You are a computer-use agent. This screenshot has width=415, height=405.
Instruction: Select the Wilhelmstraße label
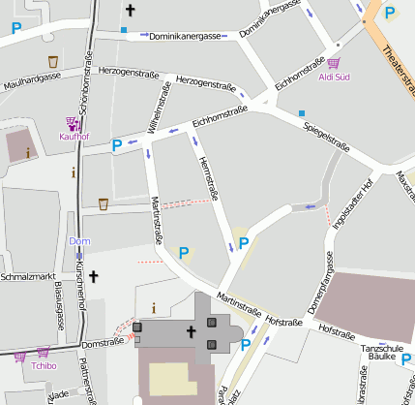pyautogui.click(x=156, y=107)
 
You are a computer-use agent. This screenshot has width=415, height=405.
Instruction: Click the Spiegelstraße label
pyautogui.click(x=323, y=131)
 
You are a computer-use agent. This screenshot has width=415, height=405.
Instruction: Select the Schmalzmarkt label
pyautogui.click(x=26, y=276)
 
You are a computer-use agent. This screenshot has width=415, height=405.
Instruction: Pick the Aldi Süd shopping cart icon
pyautogui.click(x=346, y=63)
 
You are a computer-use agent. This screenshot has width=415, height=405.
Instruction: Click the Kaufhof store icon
pyautogui.click(x=73, y=123)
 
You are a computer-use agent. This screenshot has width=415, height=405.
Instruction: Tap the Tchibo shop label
pyautogui.click(x=44, y=366)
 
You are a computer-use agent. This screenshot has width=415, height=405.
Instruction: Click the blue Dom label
pyautogui.click(x=79, y=240)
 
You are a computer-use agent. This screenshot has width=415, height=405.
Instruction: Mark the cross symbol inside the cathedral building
pyautogui.click(x=191, y=332)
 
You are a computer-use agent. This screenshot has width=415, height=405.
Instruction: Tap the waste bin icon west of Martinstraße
pyautogui.click(x=104, y=203)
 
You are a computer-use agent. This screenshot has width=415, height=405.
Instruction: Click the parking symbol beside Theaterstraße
pyautogui.click(x=391, y=13)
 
